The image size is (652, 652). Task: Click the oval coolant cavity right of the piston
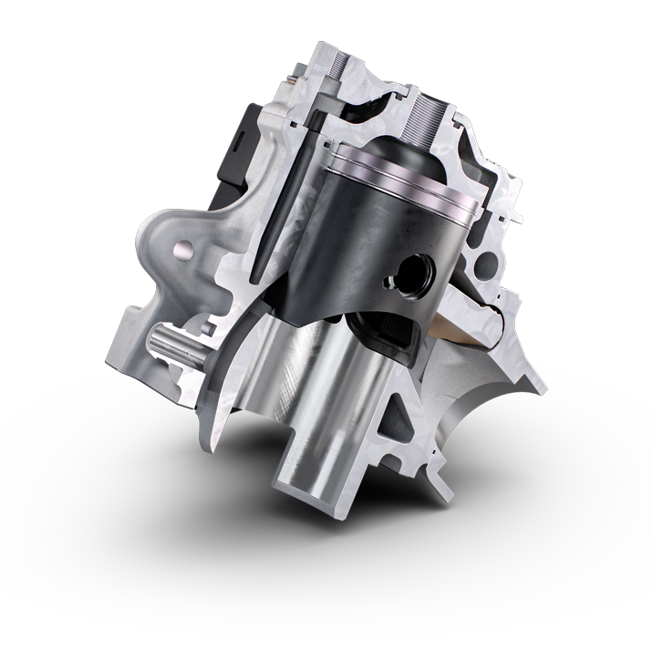click(485, 264)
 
